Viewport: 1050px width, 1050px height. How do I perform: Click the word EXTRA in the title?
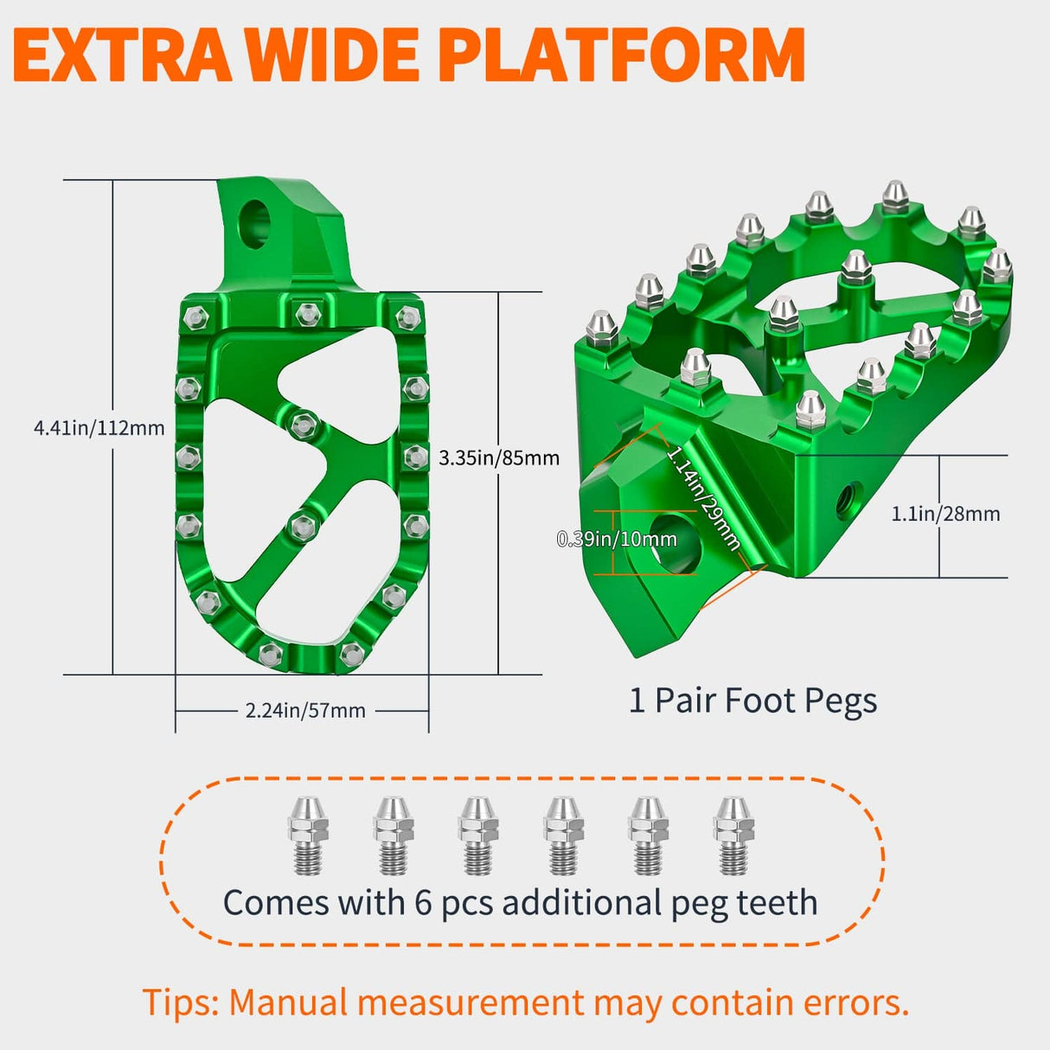point(121,54)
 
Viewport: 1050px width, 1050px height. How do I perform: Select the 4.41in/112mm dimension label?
point(99,427)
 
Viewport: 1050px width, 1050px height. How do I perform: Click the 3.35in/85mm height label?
point(499,458)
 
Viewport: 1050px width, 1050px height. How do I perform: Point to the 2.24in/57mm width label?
point(305,710)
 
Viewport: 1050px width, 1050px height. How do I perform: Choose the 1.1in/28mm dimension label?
point(945,514)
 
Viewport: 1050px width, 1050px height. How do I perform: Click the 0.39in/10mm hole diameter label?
point(617,540)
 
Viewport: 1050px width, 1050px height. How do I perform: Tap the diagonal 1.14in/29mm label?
point(703,497)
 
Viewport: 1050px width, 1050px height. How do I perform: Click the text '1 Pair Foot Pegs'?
point(752,701)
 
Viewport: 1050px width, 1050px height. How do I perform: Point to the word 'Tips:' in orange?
point(181,1003)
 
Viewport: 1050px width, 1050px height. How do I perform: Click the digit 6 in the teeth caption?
point(423,903)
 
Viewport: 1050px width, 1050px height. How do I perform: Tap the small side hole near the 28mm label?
point(845,497)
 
